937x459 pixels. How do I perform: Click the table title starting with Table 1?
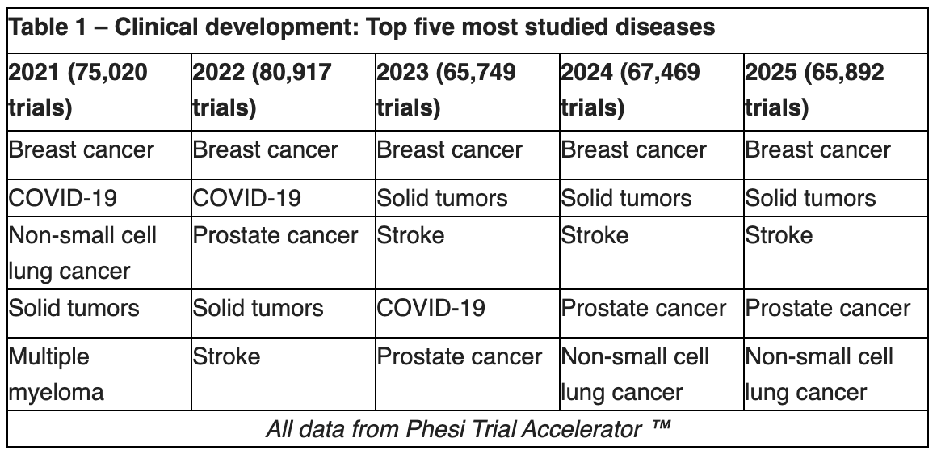tap(362, 27)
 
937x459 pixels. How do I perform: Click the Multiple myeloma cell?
tap(57, 375)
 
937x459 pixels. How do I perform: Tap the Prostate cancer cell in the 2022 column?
tap(275, 236)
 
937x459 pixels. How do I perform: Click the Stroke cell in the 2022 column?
tap(226, 356)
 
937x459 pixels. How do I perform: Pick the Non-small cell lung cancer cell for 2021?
tap(82, 253)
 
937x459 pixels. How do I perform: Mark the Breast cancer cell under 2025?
tap(817, 150)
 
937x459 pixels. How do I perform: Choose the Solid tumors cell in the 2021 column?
tap(74, 308)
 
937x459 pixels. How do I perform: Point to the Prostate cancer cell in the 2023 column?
tap(460, 356)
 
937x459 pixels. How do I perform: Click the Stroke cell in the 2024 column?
tap(595, 236)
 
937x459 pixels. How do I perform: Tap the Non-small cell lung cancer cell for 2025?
tap(819, 375)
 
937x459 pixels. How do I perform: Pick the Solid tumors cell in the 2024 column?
tap(626, 198)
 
